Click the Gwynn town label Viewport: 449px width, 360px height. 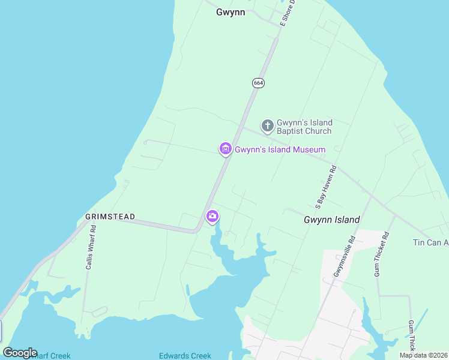click(231, 12)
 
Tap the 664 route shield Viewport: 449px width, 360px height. click(258, 83)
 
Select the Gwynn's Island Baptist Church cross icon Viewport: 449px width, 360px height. click(267, 126)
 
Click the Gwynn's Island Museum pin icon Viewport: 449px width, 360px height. click(225, 149)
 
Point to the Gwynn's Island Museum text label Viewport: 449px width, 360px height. click(280, 149)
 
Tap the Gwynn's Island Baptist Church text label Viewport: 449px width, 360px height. click(304, 127)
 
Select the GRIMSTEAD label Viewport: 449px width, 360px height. click(110, 217)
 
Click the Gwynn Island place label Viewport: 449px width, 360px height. click(332, 220)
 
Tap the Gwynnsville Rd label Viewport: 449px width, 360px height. click(345, 256)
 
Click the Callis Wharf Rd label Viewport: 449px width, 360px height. click(90, 247)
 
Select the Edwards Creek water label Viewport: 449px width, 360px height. click(185, 356)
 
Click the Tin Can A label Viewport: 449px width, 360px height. click(430, 242)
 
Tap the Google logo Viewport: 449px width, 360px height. click(20, 353)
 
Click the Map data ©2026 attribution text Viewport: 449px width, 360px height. click(423, 355)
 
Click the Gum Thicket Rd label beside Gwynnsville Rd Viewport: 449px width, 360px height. click(382, 254)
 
